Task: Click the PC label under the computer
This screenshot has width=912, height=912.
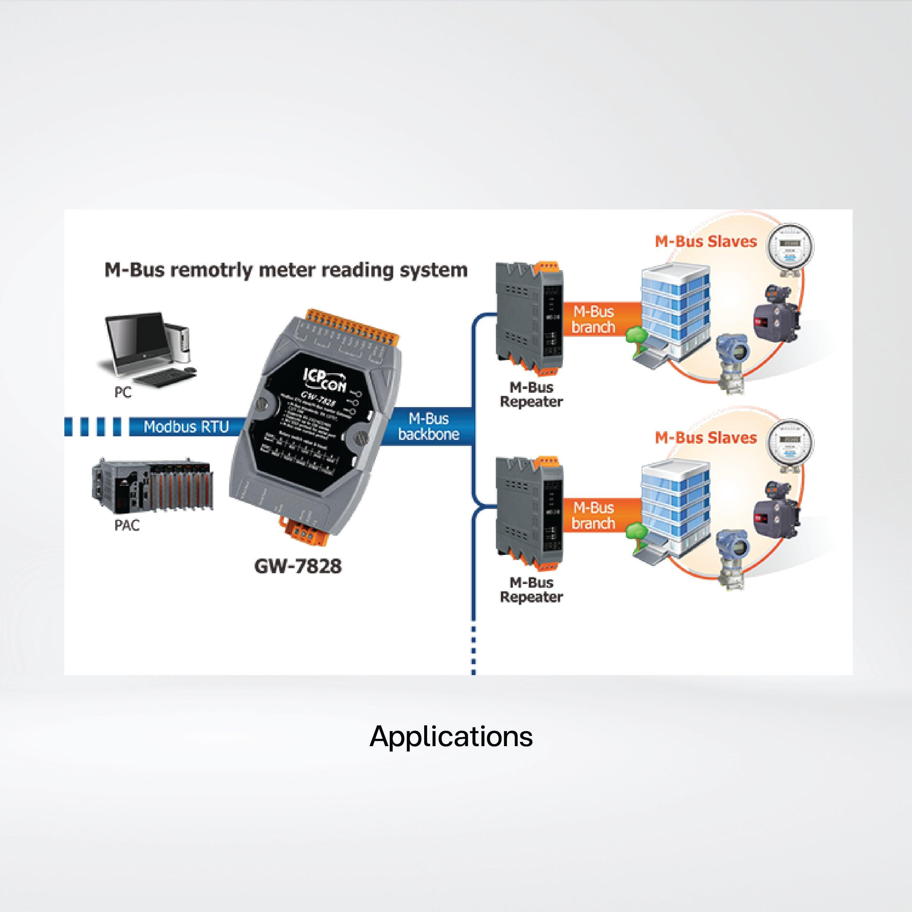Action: [123, 392]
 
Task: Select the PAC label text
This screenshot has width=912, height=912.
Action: [127, 525]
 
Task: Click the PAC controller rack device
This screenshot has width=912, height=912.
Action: [152, 486]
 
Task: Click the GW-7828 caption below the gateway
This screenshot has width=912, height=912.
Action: [298, 566]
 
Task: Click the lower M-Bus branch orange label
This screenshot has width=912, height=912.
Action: [593, 516]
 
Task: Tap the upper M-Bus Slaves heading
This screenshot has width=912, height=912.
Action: [706, 242]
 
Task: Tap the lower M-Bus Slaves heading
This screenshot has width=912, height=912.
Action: [706, 438]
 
